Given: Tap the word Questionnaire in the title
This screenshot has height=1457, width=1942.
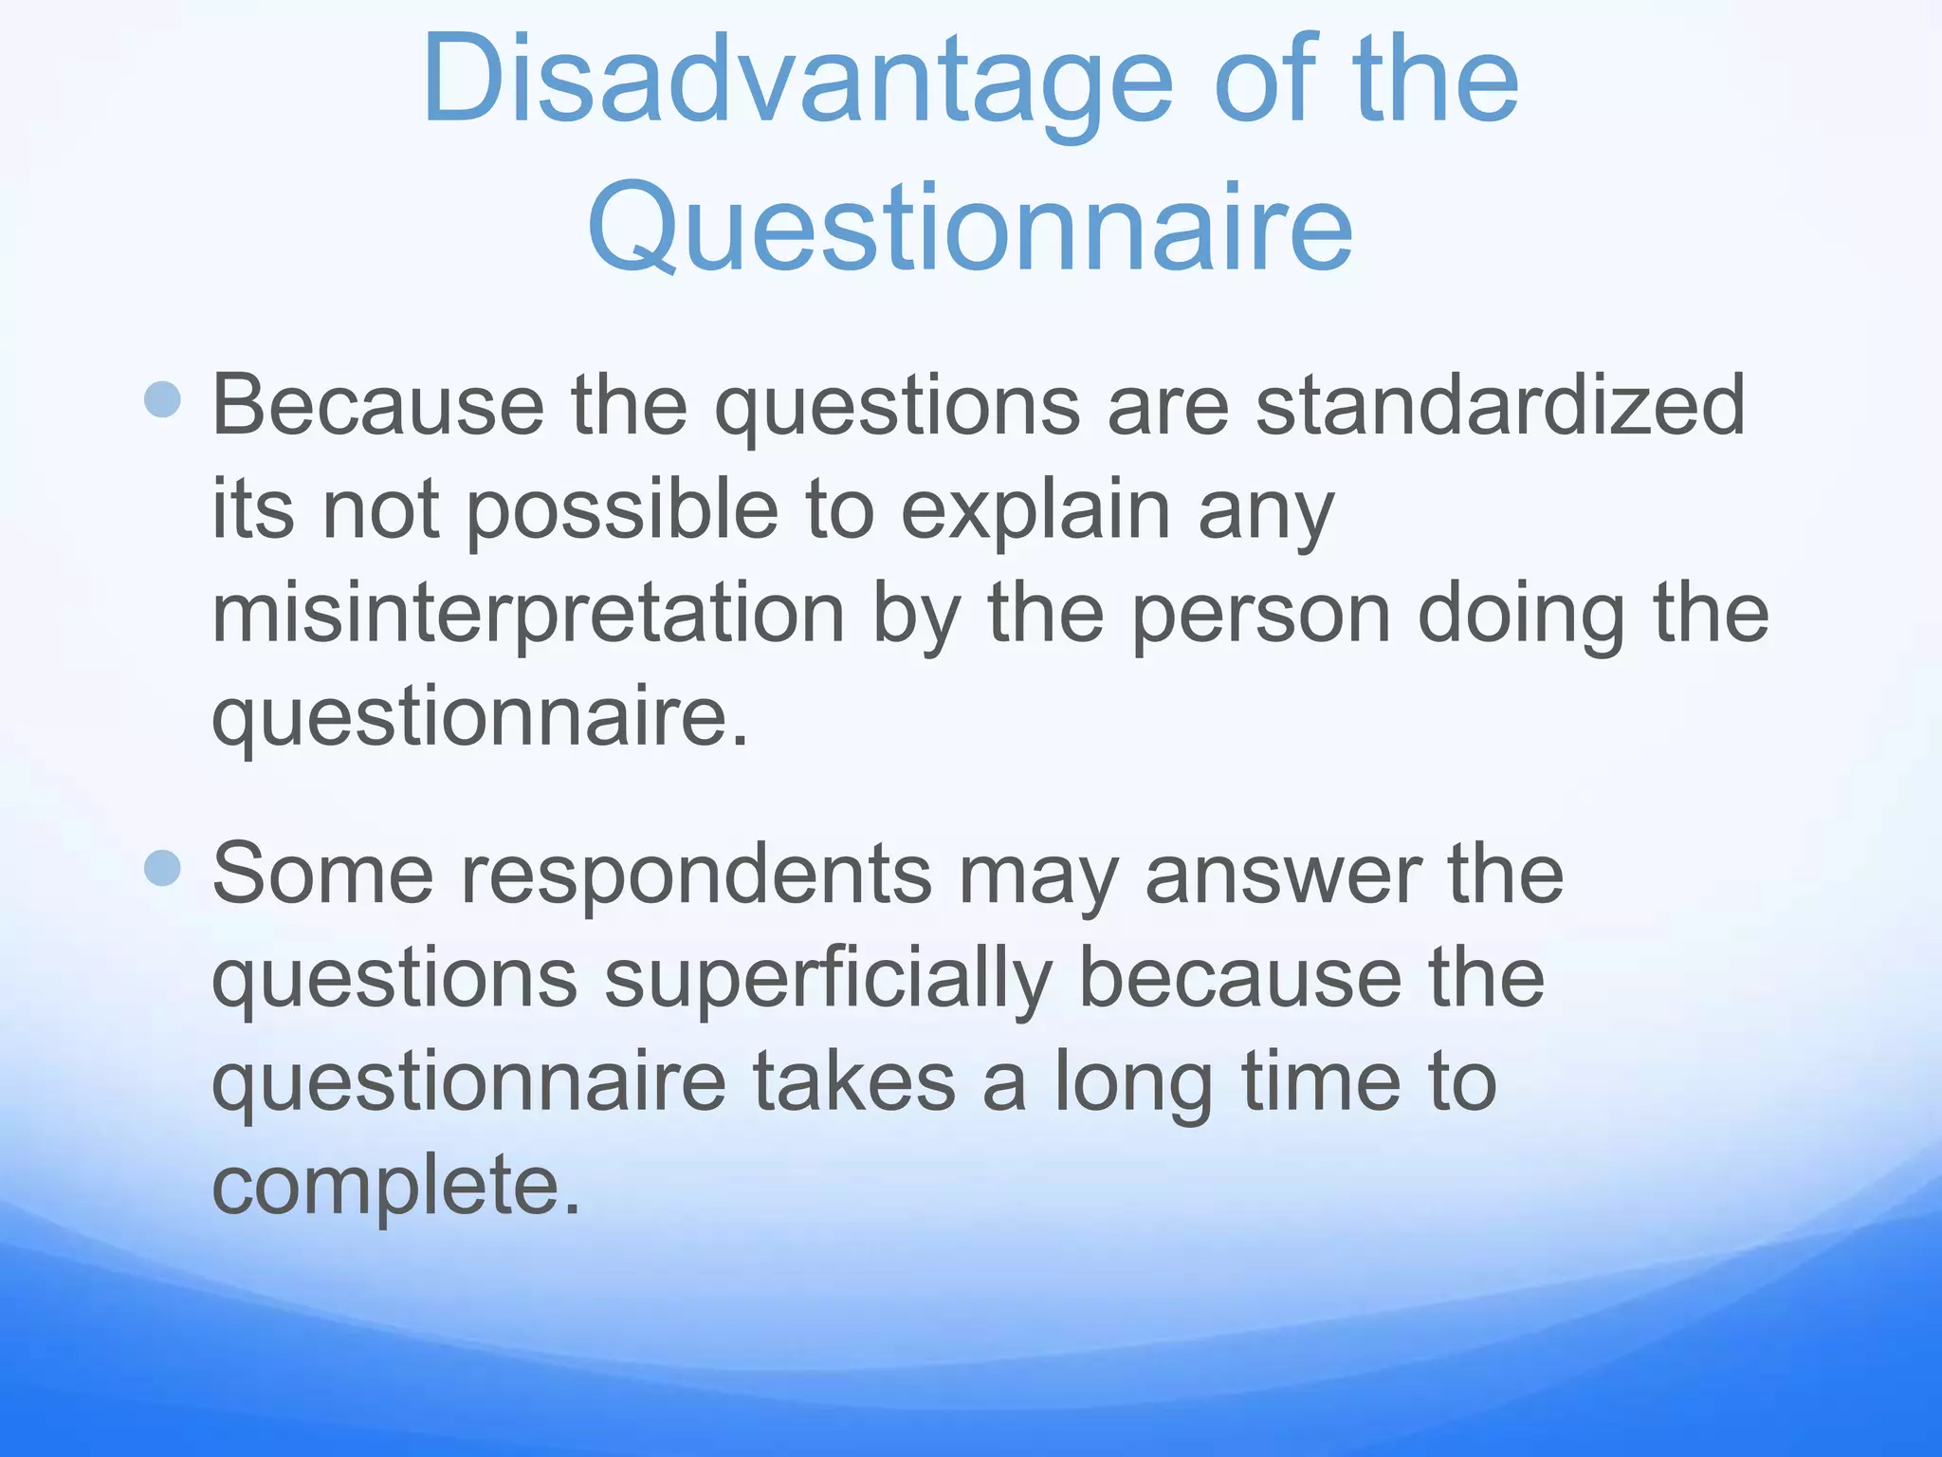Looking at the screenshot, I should click(x=970, y=229).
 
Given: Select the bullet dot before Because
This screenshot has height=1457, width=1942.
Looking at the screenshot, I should click(x=163, y=399).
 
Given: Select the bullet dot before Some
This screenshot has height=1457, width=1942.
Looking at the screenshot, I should click(x=163, y=867).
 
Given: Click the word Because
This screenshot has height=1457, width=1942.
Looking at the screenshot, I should click(x=377, y=405).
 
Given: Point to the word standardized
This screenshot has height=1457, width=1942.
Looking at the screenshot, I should click(x=1500, y=405).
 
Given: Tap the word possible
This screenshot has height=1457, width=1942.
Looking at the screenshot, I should click(x=622, y=509).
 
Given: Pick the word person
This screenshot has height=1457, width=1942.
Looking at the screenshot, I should click(x=1261, y=614).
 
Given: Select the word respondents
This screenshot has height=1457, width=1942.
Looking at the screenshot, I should click(x=696, y=875).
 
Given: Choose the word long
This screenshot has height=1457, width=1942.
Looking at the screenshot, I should click(x=1134, y=1083).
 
